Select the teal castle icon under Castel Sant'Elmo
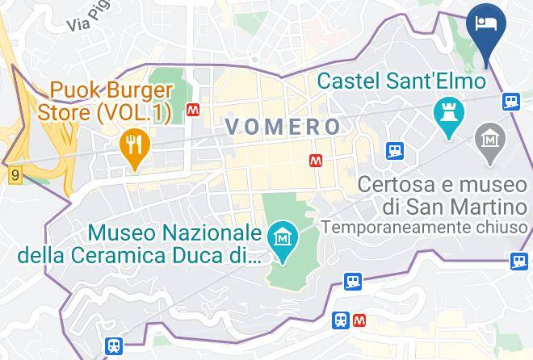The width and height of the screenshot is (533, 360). tap(447, 112)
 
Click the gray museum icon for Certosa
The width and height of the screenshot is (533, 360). tap(489, 140)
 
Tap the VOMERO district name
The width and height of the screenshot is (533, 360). tap(283, 126)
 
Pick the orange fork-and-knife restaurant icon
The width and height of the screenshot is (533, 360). tap(131, 147)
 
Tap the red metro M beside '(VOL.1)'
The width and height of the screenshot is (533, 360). tap(193, 110)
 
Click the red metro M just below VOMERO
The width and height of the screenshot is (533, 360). tap(317, 161)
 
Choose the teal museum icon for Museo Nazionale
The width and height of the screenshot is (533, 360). tap(283, 240)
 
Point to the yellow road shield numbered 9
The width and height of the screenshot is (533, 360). tap(15, 174)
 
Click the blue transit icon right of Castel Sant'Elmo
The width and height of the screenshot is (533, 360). tap(510, 101)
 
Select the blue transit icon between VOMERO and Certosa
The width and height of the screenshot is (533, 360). tap(394, 150)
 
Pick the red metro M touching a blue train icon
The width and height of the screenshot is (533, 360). tap(359, 320)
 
